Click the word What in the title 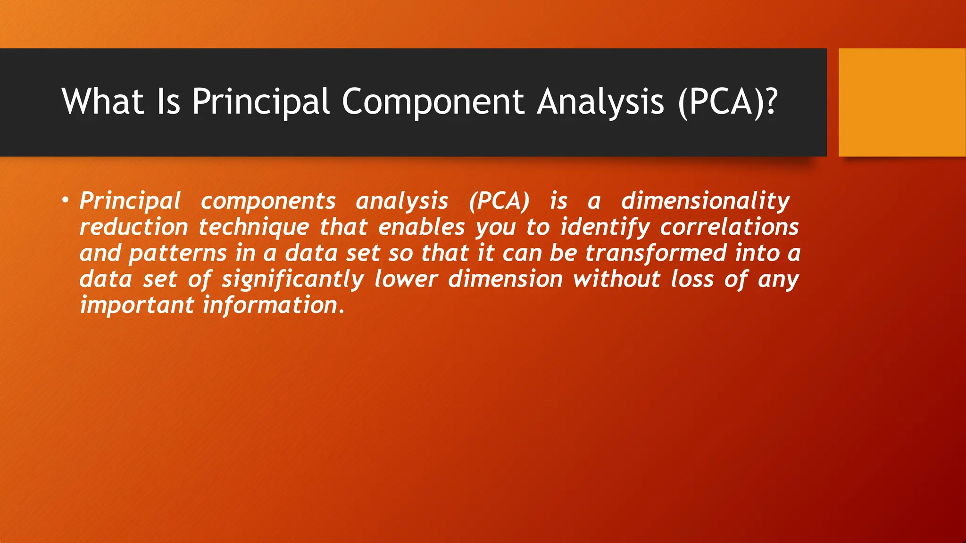(102, 101)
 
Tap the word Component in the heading (433, 101)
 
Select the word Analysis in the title (600, 101)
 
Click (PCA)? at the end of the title (727, 101)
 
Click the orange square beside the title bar (901, 102)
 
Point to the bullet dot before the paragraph (65, 201)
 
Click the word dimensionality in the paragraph (705, 201)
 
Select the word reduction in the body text (133, 227)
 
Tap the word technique (254, 227)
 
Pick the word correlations (729, 227)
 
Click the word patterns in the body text (178, 253)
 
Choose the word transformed (656, 253)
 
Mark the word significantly (293, 280)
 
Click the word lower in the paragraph (406, 280)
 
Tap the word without (616, 280)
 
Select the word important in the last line (137, 305)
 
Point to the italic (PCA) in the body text (500, 201)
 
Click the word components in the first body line (268, 201)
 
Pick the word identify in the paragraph (605, 227)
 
